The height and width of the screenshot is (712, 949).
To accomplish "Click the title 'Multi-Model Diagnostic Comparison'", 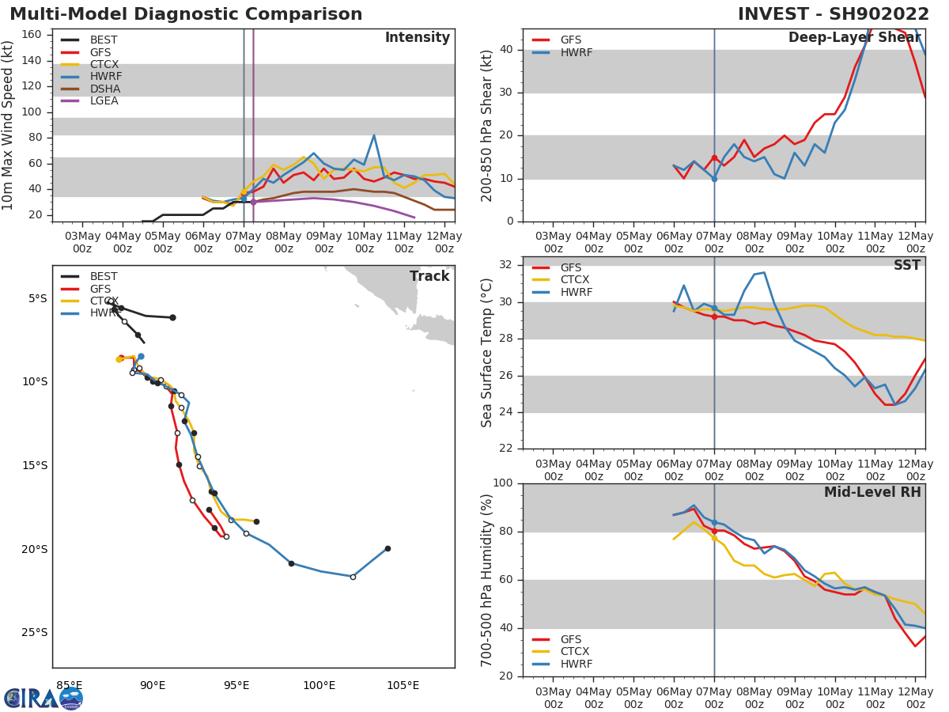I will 186,14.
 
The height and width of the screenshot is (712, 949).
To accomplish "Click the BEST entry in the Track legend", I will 104,277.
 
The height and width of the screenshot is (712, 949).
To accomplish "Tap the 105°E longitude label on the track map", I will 403,685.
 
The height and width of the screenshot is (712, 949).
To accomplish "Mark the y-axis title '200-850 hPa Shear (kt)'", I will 488,125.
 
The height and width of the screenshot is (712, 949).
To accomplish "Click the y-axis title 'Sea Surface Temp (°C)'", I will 488,353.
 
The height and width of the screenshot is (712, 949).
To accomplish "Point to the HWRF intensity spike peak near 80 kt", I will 373,135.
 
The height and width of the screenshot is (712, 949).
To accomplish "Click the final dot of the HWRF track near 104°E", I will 388,548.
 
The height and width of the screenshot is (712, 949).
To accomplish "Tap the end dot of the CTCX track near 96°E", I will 256,521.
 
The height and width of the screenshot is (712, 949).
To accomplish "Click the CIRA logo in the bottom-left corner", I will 43,698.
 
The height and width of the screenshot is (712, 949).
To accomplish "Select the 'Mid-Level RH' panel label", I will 872,492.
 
